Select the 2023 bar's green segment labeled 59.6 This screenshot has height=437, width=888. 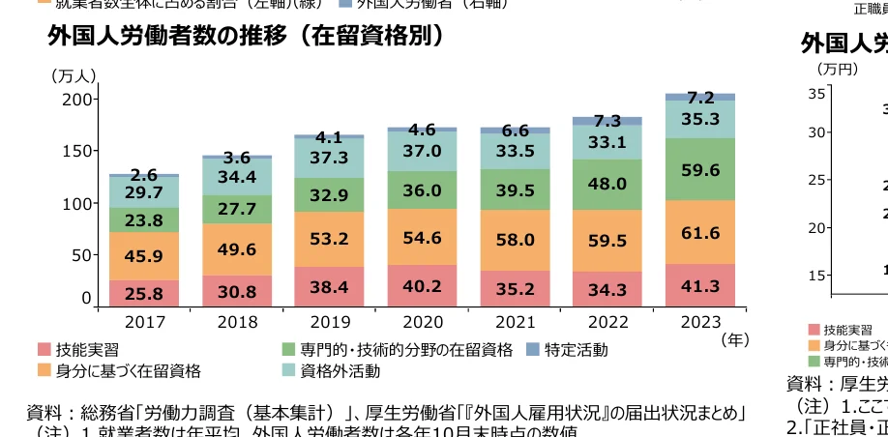coord(700,170)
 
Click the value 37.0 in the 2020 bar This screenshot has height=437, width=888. coord(422,151)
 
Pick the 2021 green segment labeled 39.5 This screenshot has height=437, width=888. coord(515,190)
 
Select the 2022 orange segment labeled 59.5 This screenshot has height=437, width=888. coord(607,241)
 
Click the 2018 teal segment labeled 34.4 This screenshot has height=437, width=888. coord(237,177)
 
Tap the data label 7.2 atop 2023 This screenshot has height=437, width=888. coord(700,97)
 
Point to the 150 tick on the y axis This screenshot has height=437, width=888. coord(76,151)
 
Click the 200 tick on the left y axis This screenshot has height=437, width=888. coord(76,100)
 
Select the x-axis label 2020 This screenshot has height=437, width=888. coord(422,320)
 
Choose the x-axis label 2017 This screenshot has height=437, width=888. coord(144,320)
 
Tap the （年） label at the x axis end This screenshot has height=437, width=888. coord(735,339)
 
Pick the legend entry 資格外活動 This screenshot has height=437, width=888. coord(339,370)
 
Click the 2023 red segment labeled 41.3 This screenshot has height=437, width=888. coord(700,286)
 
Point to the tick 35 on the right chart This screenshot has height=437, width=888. coord(817,94)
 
